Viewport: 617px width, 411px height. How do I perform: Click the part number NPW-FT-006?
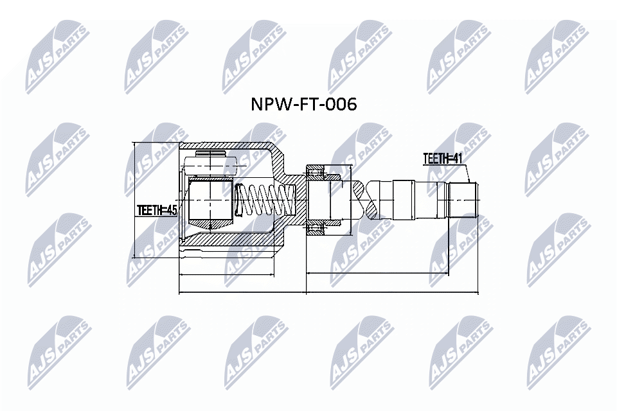point(303,105)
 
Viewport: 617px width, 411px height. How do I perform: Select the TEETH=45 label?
point(156,210)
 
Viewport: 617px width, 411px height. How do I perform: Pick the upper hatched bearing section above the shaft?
point(319,170)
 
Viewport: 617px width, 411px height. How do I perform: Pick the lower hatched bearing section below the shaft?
point(319,227)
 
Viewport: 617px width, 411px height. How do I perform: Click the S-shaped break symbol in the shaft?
point(364,199)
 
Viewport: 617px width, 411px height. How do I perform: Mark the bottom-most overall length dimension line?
point(328,293)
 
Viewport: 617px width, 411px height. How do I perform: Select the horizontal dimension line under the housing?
point(231,274)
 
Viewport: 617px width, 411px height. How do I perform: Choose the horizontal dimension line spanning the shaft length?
point(392,274)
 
